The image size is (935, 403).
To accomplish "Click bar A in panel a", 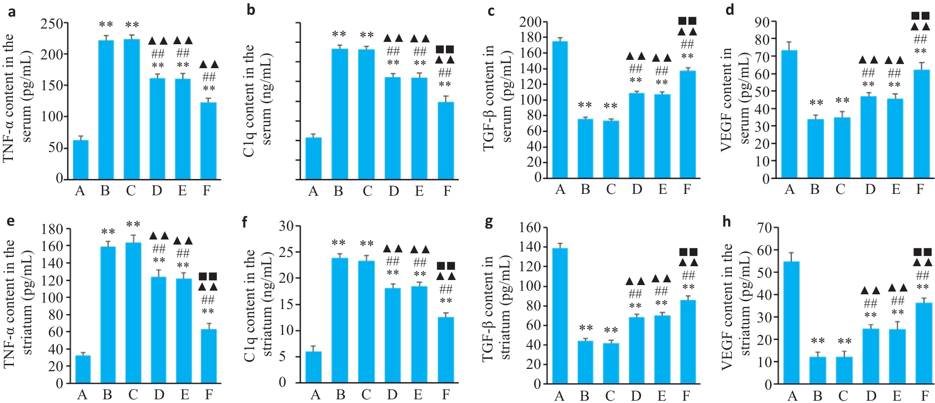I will click(81, 159).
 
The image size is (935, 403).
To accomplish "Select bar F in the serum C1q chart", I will click(446, 140).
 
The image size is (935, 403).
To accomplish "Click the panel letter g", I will click(489, 222).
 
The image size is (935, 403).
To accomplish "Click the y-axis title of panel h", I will click(736, 306).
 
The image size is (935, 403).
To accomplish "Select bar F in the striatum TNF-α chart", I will click(209, 356).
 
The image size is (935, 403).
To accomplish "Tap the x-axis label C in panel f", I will click(366, 395).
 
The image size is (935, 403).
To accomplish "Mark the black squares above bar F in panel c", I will click(687, 21).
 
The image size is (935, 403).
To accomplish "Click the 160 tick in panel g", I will click(530, 228).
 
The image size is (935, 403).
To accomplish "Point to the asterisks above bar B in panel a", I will click(106, 25).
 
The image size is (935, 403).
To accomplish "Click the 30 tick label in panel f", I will click(286, 226).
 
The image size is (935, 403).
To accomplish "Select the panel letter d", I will click(730, 10).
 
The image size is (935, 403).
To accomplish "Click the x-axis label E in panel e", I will click(185, 395).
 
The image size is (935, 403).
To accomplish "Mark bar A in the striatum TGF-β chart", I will click(560, 316).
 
